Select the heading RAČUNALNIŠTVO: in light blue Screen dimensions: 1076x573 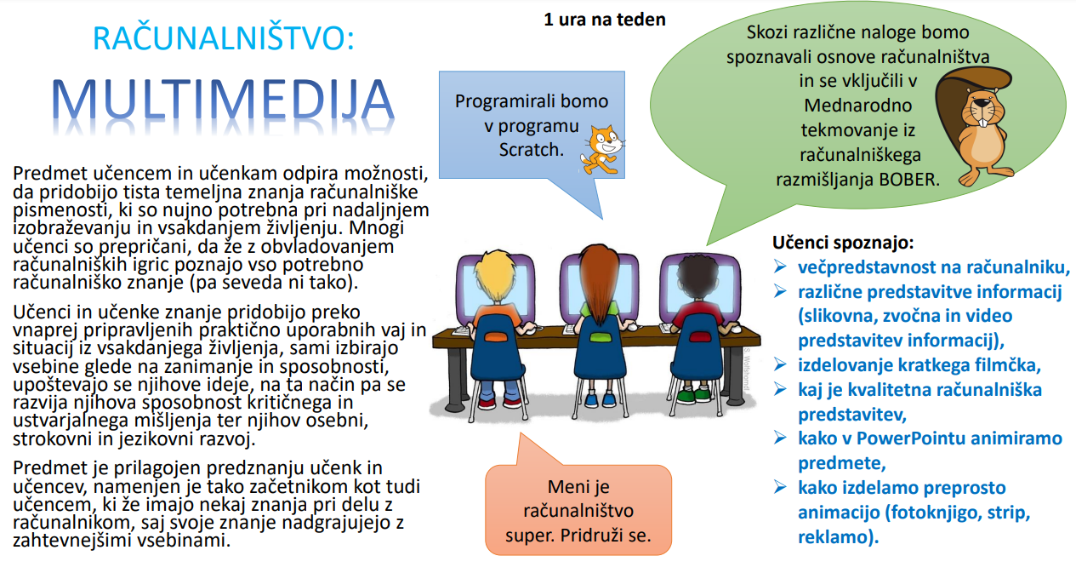224,37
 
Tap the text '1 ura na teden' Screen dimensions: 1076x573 605,20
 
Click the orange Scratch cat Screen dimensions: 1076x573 602,150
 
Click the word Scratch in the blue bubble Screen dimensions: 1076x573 532,150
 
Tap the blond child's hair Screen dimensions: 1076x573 495,274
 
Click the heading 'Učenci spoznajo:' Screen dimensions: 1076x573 843,243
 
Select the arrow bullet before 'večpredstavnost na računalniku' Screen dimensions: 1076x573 780,266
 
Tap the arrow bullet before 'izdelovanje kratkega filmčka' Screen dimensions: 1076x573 780,364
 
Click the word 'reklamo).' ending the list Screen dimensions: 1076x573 838,536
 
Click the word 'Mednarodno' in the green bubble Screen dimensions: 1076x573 858,106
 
